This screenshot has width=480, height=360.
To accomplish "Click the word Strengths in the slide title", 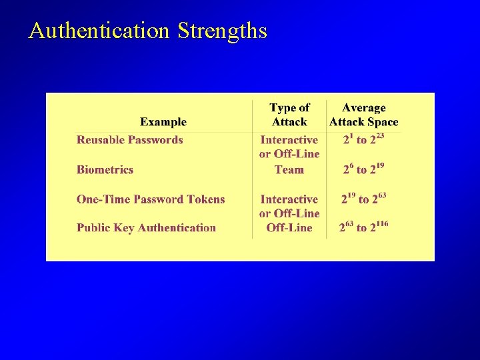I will pos(222,31).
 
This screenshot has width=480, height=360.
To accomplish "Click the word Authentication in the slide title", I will pos(99,31).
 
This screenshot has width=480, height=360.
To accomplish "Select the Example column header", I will pos(163,122).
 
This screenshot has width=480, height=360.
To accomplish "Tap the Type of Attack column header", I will pos(289,115).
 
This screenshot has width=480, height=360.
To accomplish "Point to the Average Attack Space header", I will pos(363,115).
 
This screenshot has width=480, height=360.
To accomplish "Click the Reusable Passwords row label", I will pos(129,140).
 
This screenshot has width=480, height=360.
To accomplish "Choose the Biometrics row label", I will pos(105,170).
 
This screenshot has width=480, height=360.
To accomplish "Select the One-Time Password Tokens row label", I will pos(151,199).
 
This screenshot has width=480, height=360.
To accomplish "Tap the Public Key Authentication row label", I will pos(146,228).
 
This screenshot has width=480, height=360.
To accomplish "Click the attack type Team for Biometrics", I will pos(289,170).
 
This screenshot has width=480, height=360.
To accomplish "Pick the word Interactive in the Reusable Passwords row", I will pos(289,140).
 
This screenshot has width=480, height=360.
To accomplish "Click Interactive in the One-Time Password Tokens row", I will pos(289,199).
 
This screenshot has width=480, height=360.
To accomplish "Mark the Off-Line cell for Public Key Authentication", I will pos(289,228).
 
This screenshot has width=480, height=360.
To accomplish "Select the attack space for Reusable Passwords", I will pos(363,139).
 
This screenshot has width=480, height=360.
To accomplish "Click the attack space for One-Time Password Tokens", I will pos(364,199).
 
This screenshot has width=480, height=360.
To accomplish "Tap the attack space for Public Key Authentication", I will pos(363,227).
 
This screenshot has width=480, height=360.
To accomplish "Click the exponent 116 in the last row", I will pos(381,224).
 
